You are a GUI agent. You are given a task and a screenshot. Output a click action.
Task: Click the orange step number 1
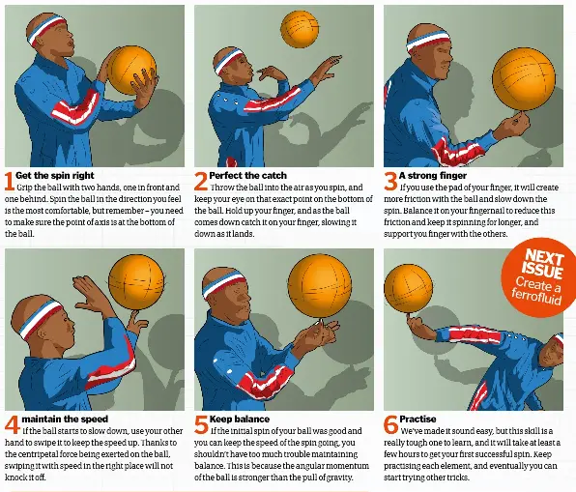10,181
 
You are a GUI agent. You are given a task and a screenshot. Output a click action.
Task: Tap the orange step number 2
201,181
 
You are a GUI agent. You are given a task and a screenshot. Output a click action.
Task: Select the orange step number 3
390,181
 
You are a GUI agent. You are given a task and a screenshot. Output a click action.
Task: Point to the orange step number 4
13,424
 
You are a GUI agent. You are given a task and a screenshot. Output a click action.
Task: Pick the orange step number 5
201,424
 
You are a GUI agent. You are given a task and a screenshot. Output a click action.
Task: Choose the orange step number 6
390,424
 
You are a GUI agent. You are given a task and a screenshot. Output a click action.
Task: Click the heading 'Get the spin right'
55,176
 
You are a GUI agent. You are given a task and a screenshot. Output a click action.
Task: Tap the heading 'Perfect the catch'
248,176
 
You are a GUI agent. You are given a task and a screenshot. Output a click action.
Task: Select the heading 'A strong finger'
433,176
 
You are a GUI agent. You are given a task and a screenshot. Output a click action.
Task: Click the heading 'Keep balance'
240,420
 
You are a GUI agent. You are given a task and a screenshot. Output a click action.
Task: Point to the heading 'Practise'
418,420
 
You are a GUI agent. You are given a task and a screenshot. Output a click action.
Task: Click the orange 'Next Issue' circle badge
539,277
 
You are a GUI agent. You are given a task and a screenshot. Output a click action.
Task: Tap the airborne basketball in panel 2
300,29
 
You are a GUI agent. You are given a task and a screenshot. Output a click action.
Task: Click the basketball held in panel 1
131,70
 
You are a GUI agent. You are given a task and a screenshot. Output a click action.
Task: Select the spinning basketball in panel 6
408,288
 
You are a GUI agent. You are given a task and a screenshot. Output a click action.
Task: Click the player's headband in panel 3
428,41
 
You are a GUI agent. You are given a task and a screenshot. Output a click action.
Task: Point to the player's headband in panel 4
41,319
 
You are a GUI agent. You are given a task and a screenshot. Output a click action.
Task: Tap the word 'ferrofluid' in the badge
536,297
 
